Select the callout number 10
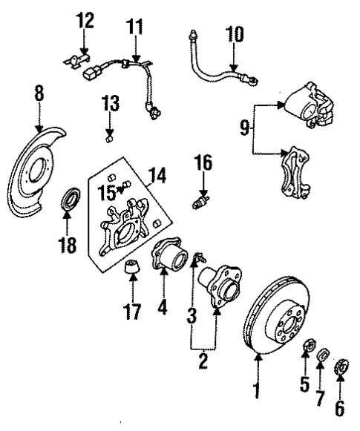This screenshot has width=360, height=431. click(234, 34)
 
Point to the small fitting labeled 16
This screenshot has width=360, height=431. click(200, 201)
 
